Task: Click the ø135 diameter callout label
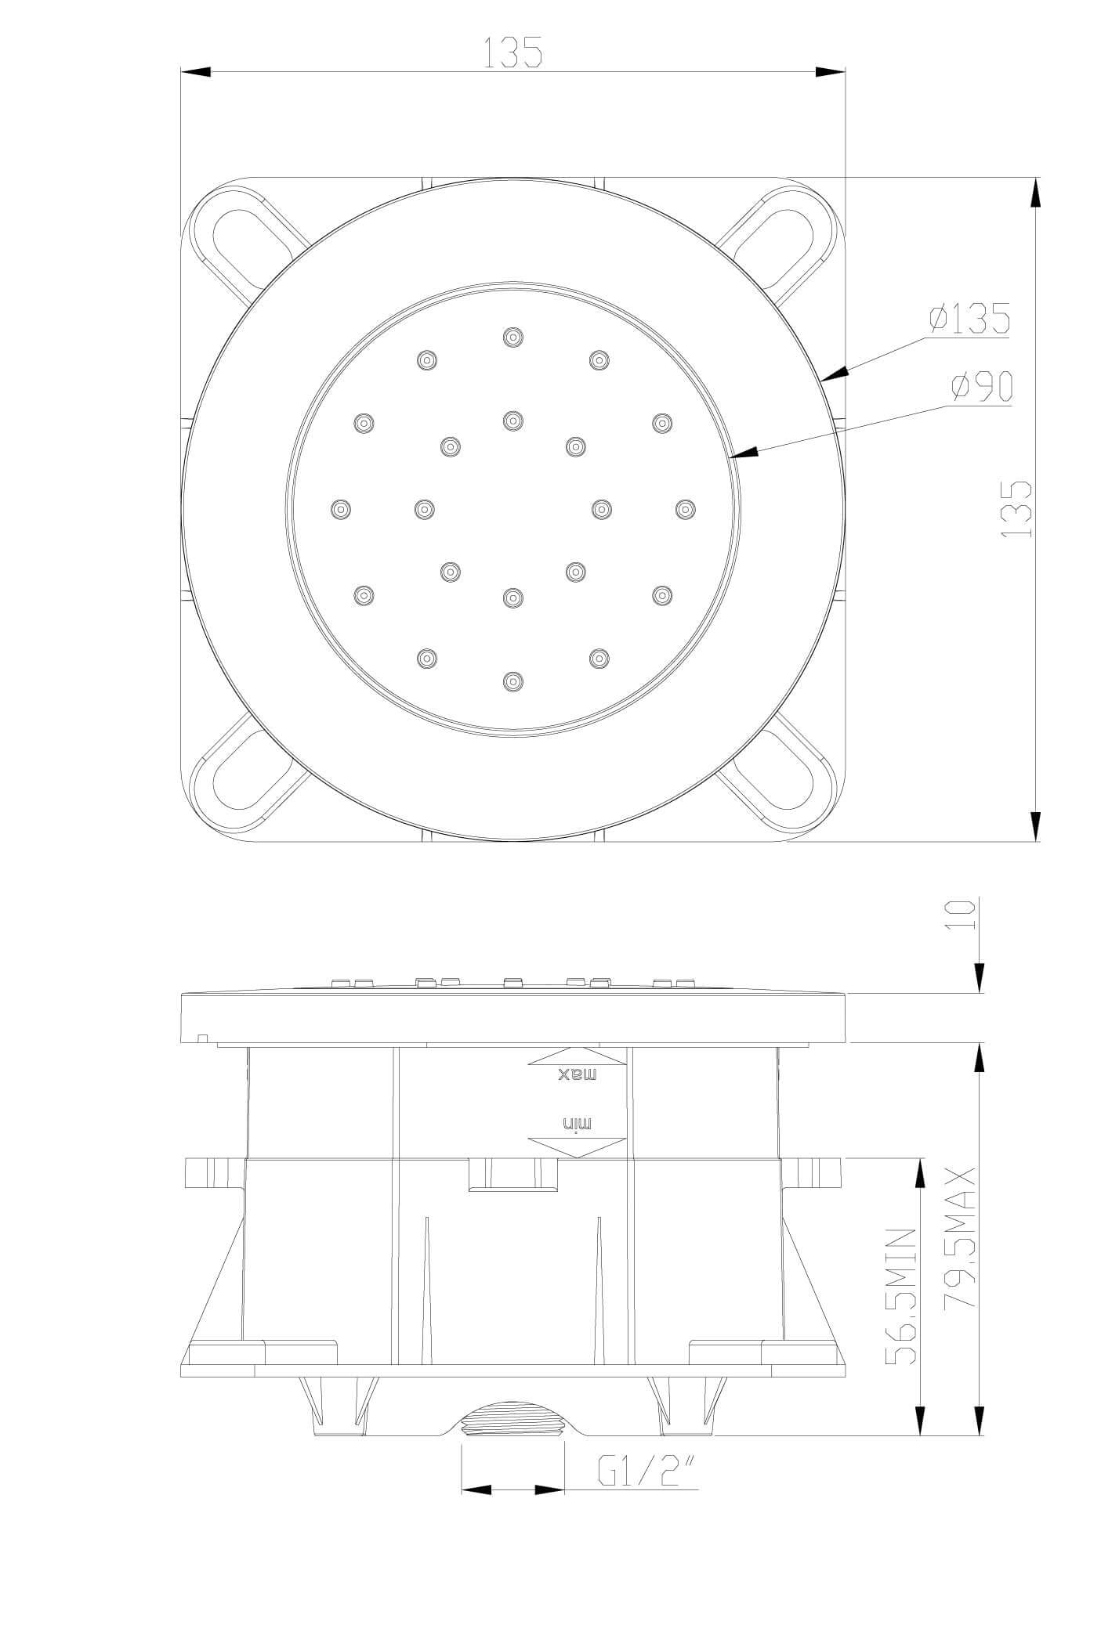pos(969,319)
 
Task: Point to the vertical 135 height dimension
pos(1017,509)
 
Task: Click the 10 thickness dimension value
pos(960,914)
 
